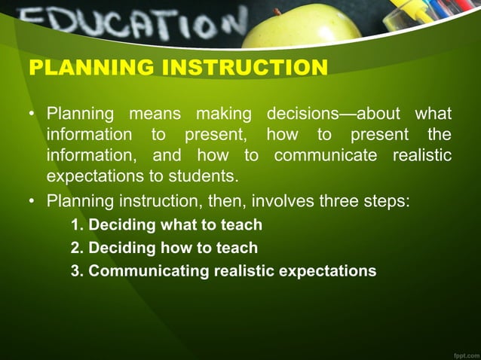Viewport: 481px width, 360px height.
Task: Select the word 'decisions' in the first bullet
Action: [301, 114]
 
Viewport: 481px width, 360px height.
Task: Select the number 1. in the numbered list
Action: [77, 224]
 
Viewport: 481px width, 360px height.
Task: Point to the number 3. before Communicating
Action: [77, 270]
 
